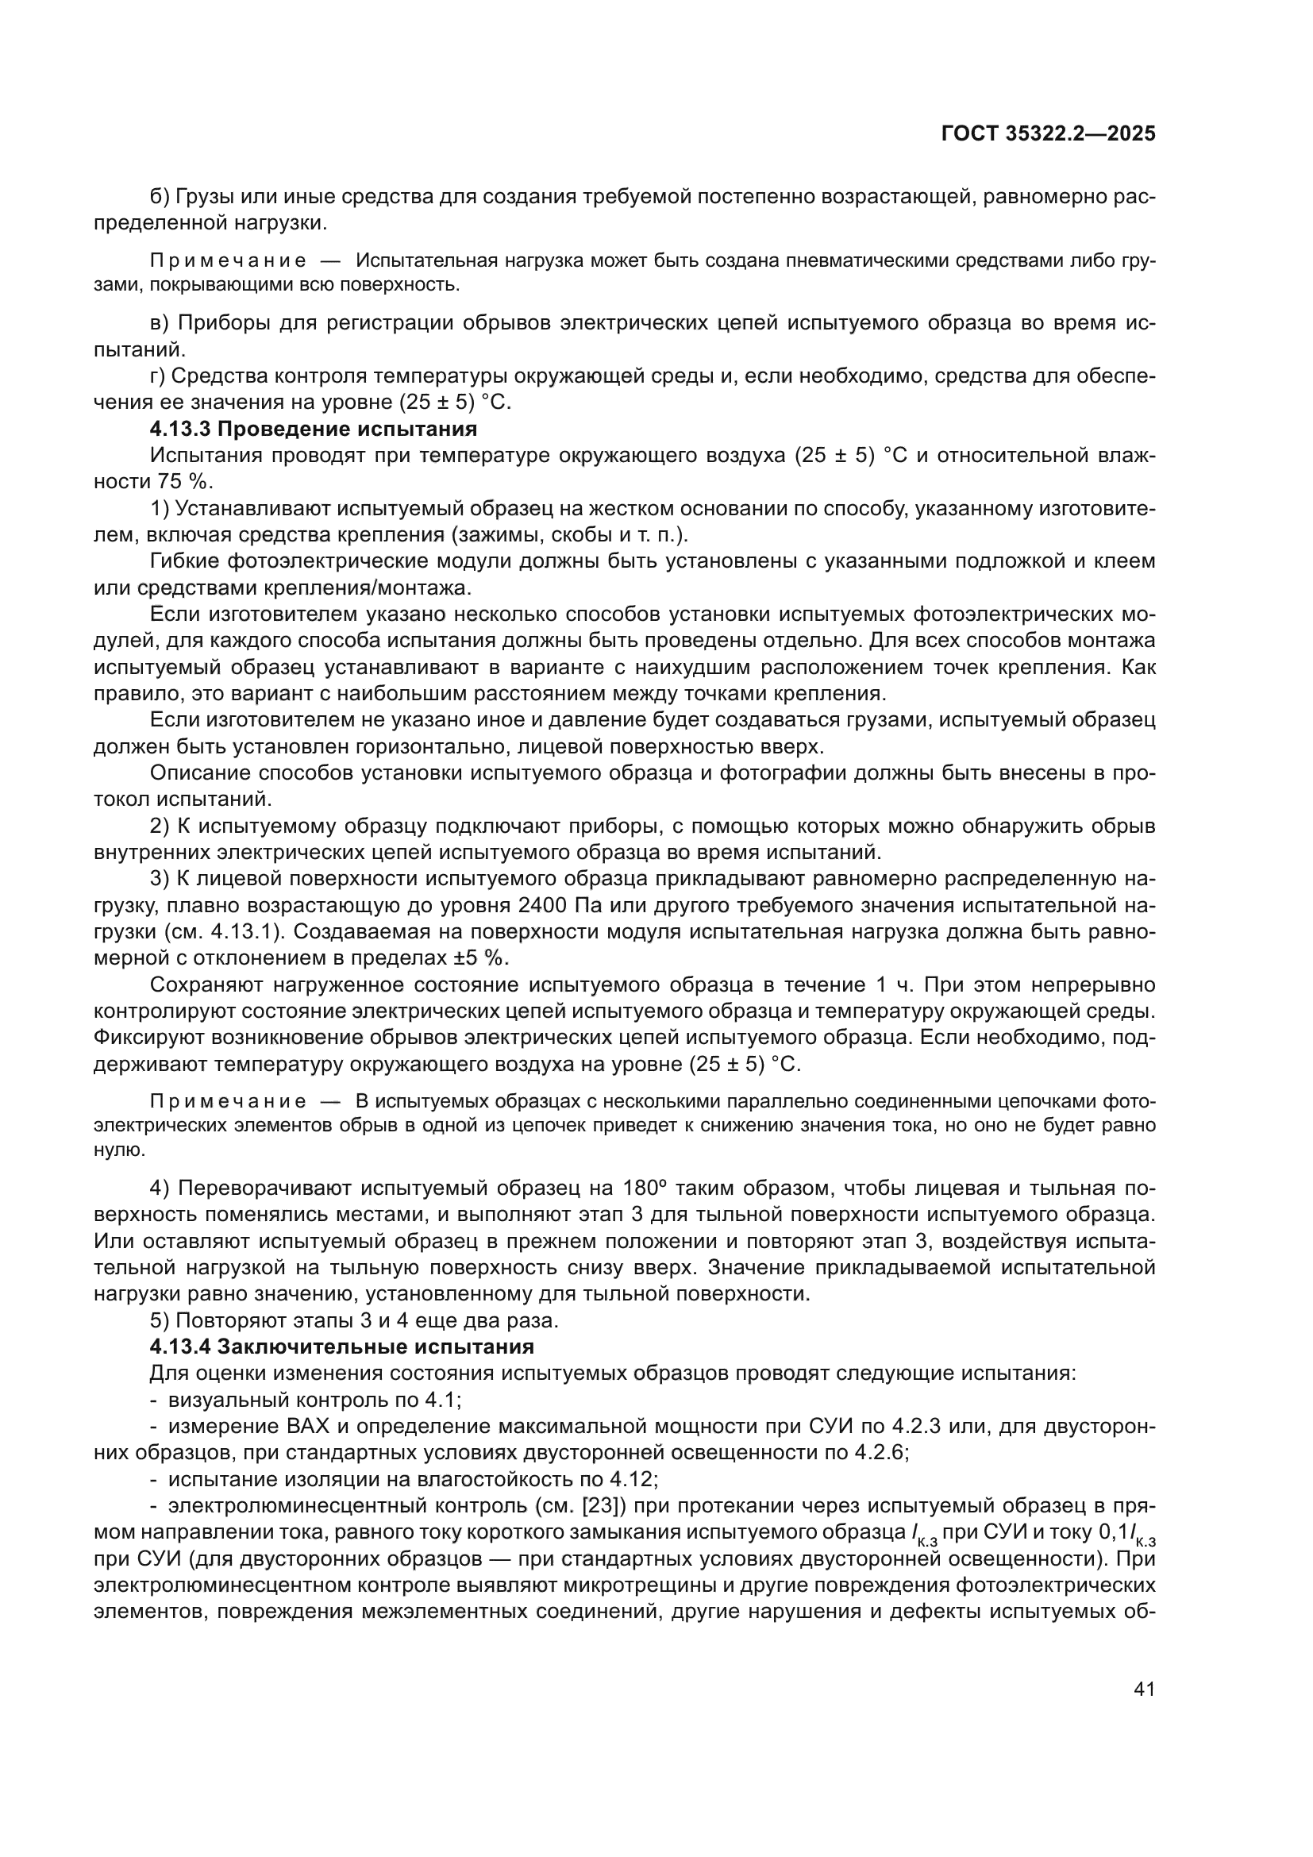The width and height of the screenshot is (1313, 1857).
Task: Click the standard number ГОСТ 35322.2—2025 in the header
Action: click(x=1048, y=133)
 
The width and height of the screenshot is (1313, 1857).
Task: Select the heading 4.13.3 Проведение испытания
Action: click(x=314, y=429)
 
